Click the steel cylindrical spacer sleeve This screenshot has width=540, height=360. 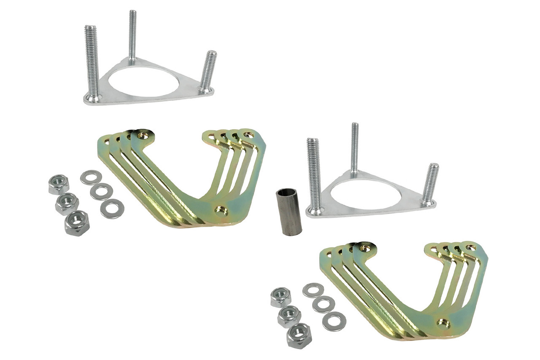click(289, 212)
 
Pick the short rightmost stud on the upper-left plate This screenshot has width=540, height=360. click(208, 70)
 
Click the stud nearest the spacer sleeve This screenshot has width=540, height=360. click(314, 173)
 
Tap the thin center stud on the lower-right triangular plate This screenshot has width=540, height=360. click(355, 148)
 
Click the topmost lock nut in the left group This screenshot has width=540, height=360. click(59, 184)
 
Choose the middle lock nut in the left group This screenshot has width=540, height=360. click(67, 204)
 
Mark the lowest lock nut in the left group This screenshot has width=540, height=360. click(77, 223)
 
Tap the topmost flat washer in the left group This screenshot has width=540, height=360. click(91, 177)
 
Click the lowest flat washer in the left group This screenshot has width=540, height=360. click(112, 209)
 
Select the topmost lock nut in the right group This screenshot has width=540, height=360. click(281, 297)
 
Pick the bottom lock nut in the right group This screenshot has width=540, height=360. click(299, 336)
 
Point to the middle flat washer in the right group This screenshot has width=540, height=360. click(324, 304)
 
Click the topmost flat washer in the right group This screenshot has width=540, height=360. click(313, 290)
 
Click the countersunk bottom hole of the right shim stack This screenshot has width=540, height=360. click(443, 324)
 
